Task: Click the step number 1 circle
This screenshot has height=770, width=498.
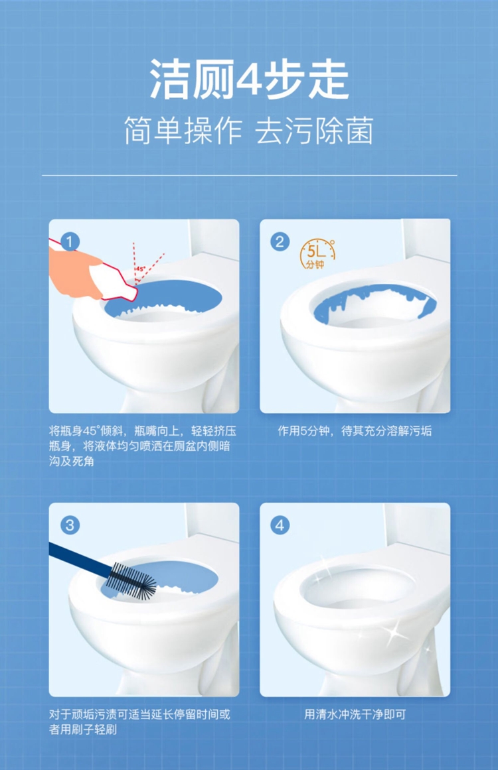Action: (x=70, y=241)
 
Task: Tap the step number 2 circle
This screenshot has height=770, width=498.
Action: (x=280, y=241)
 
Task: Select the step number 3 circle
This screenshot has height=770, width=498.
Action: (x=70, y=525)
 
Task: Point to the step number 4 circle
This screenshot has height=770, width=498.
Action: (x=280, y=525)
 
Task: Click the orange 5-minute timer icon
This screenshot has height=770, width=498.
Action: (x=317, y=255)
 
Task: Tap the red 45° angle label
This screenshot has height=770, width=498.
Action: (x=141, y=269)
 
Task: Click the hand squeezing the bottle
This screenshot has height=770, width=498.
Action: (x=74, y=273)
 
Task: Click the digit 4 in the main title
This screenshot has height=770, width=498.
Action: (x=250, y=79)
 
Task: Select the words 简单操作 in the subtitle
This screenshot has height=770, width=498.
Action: (x=183, y=131)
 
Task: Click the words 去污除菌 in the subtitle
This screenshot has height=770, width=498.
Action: (x=315, y=131)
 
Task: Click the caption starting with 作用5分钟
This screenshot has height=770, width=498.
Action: (x=355, y=431)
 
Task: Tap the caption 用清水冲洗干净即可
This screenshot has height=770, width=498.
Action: (x=355, y=714)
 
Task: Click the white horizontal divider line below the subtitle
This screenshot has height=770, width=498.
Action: (x=249, y=175)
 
